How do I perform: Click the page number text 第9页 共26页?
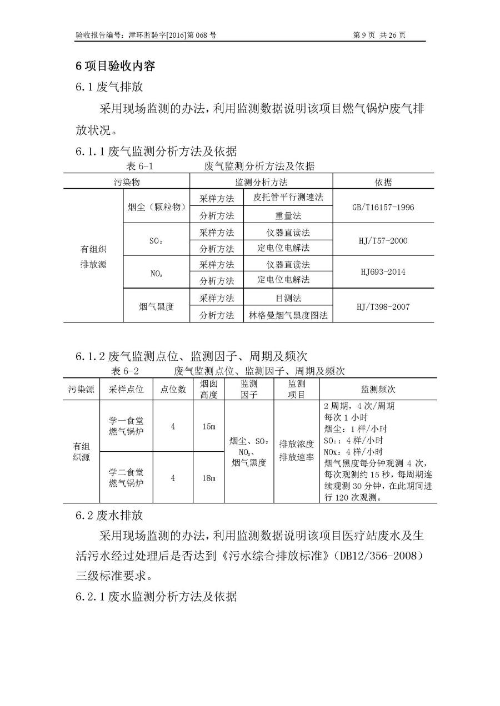379,35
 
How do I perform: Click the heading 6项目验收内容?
115,65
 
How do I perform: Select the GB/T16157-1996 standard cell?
383,207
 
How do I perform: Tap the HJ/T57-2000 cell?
383,240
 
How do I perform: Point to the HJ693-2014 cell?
383,272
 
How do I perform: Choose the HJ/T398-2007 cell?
383,306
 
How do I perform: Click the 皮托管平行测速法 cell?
288,198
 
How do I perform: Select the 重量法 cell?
288,215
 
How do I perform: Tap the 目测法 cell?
288,298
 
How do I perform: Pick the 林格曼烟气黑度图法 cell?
288,315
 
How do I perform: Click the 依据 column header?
383,182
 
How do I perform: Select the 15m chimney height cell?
208,426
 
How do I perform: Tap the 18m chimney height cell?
208,478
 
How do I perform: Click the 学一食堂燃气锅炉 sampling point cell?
126,426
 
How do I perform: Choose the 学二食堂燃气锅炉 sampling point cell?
126,478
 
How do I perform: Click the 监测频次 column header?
377,389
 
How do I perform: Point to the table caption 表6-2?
125,370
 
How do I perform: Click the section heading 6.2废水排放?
109,515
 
